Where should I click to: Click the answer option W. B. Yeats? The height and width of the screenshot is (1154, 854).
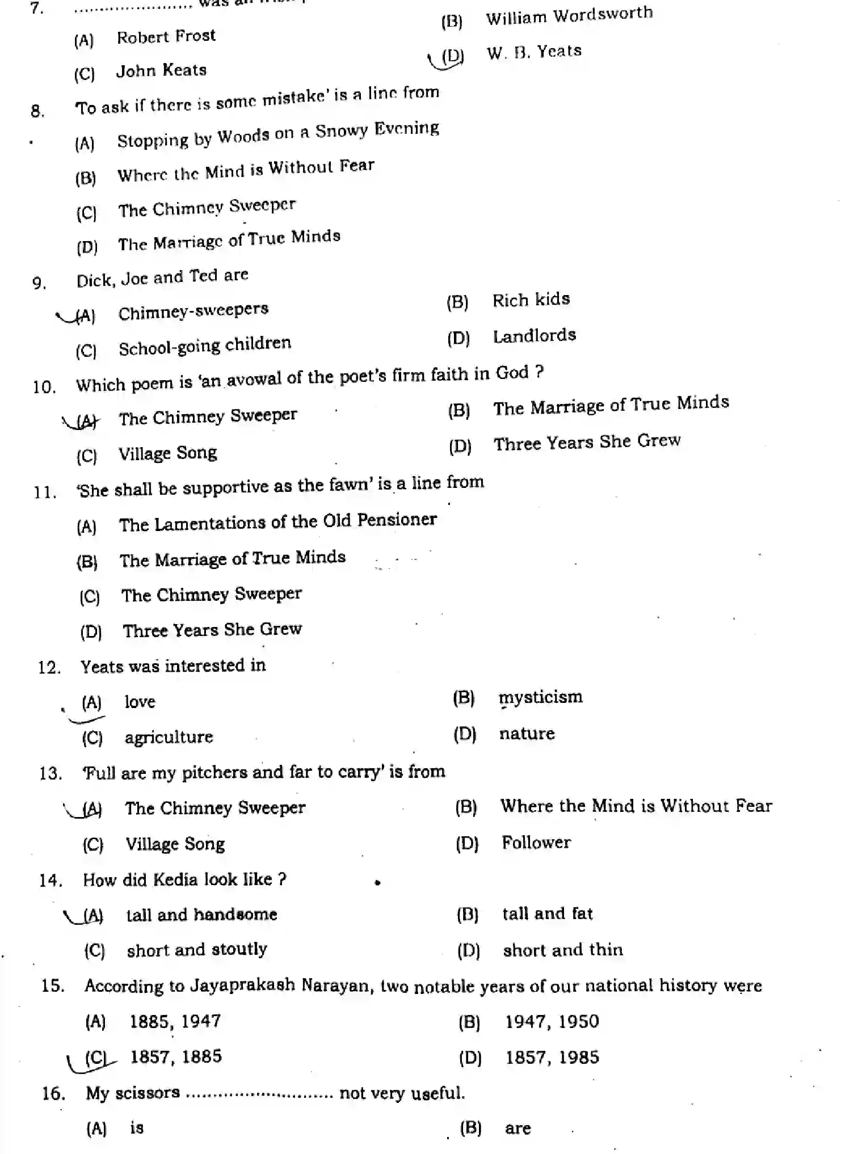pos(533,52)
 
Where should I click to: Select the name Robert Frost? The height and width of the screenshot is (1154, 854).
pos(166,37)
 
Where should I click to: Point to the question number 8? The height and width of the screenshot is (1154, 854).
pos(37,111)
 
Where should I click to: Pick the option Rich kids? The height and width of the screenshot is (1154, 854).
pos(531,300)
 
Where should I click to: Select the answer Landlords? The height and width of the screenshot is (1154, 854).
pos(534,336)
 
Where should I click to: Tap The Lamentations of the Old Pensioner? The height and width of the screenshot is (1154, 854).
pos(277,522)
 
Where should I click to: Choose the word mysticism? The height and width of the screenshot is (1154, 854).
pos(540,697)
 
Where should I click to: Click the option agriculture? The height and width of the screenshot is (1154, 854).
pos(169,737)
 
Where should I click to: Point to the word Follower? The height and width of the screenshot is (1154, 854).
pos(536,843)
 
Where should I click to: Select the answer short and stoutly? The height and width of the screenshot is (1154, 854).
pos(196,950)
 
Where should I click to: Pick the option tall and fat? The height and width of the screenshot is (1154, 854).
pos(547,914)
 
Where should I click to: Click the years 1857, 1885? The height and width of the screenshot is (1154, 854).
pos(176,1056)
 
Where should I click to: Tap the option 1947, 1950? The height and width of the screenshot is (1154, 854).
pos(552,1022)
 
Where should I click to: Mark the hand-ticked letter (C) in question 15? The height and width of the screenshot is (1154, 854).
pos(95,1058)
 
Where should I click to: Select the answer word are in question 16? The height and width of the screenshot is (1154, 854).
pos(518,1128)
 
